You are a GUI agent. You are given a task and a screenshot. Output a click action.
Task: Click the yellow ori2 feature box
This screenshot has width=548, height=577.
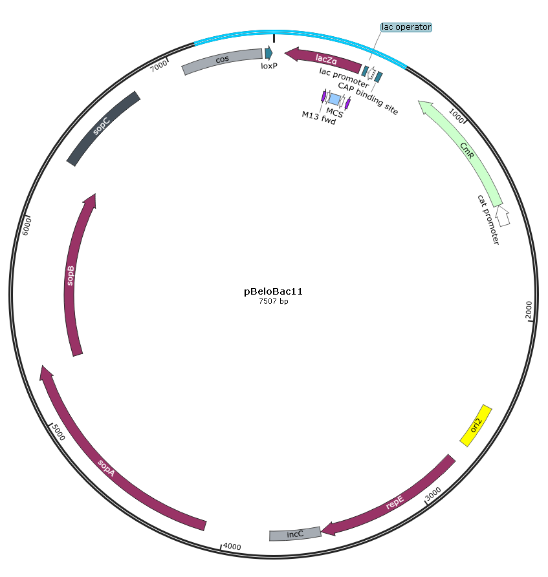click(476, 425)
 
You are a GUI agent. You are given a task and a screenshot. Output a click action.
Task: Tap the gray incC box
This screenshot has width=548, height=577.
click(295, 534)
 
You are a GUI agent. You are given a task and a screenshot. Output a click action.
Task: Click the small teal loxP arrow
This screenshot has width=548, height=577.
click(269, 53)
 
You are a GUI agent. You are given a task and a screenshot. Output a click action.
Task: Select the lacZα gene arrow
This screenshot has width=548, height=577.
click(324, 59)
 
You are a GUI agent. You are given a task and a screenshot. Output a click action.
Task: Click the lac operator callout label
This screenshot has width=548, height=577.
click(406, 27)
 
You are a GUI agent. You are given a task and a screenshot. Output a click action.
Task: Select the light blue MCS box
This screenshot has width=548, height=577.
click(334, 99)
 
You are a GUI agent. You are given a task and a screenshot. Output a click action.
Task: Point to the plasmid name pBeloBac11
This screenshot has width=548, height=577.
click(273, 291)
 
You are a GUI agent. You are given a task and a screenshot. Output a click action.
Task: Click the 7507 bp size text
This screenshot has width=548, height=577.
click(274, 301)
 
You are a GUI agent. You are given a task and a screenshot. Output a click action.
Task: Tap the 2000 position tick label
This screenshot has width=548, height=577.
click(529, 309)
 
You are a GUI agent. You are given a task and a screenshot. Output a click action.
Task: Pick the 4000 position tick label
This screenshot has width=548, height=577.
click(232, 547)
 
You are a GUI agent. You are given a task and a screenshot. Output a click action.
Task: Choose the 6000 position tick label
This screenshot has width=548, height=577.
click(27, 226)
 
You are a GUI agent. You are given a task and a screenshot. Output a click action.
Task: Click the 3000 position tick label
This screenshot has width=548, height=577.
click(433, 494)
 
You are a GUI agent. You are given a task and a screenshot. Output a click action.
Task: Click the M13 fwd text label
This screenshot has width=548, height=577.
click(319, 118)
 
